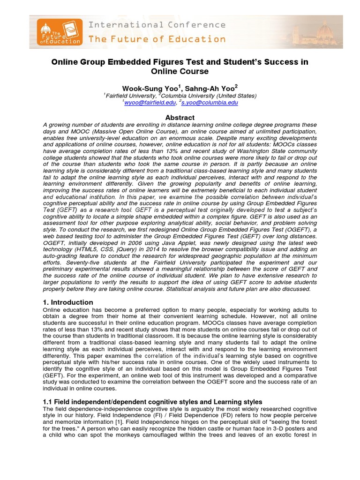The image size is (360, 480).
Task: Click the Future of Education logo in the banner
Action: pos(57,32)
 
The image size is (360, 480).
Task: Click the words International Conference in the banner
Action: pos(157,25)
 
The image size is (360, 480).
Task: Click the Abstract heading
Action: pos(180,118)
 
